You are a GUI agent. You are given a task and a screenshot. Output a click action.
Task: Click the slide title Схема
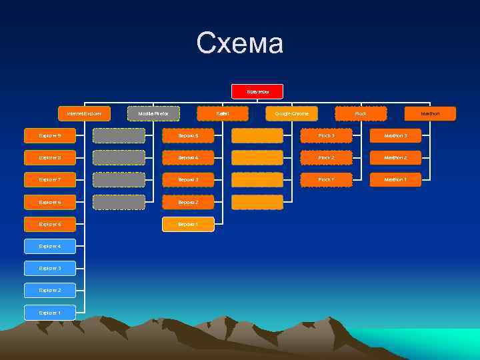[x=240, y=44]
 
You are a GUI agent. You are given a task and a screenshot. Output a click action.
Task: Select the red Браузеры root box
[x=257, y=91]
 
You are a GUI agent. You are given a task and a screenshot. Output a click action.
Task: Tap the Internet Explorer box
[x=84, y=114]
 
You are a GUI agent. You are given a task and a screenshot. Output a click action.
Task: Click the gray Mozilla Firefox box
[x=153, y=114]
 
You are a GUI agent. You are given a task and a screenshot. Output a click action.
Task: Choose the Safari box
[x=223, y=114]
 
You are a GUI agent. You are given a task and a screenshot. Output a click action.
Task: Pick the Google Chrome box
[x=292, y=114]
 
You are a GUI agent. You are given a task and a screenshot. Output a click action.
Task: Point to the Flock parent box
[x=361, y=114]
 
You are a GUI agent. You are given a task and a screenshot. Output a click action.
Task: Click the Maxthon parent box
[x=430, y=114]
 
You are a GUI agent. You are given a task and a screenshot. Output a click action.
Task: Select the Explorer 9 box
[x=50, y=136]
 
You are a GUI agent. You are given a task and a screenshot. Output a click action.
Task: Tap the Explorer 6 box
[x=50, y=202]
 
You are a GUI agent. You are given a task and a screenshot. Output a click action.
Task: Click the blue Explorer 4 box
[x=50, y=247]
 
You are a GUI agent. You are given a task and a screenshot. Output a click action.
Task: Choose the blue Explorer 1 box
[x=50, y=313]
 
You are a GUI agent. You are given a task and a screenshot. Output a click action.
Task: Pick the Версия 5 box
[x=188, y=136]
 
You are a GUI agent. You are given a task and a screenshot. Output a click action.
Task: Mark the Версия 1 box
[x=188, y=225]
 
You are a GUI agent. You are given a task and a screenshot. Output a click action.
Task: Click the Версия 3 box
[x=188, y=180]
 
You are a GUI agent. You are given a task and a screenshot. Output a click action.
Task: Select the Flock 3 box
[x=326, y=136]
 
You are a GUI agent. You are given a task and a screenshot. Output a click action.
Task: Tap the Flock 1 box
[x=326, y=180]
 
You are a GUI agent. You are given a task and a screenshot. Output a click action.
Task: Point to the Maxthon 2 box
[x=395, y=158]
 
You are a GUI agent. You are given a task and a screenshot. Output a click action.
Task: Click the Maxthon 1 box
[x=395, y=180]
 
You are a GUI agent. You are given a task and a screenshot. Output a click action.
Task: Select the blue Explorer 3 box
[x=50, y=269]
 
